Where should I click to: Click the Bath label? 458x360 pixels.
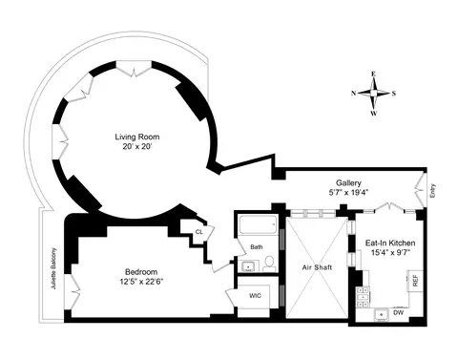pos(256,247)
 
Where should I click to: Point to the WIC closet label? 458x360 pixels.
pos(255,296)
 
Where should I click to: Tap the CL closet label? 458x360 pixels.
pos(199,231)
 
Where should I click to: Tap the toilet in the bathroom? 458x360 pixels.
pos(269,261)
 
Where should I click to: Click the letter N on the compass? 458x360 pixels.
pos(354,94)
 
